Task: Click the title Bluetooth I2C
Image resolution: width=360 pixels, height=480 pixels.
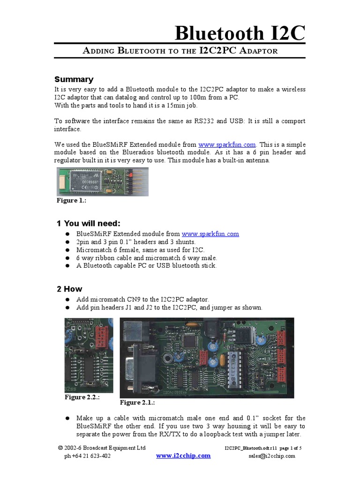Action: click(x=240, y=34)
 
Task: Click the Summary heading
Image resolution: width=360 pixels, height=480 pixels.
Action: click(x=74, y=79)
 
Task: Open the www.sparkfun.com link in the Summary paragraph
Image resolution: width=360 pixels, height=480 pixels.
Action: click(x=227, y=144)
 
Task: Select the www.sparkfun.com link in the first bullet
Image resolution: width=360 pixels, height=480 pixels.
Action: click(x=210, y=233)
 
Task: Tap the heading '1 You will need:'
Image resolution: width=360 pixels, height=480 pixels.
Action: click(x=88, y=223)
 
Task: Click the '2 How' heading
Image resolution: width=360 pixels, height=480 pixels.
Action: click(x=69, y=289)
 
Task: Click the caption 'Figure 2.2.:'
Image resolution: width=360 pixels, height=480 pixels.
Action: click(x=83, y=397)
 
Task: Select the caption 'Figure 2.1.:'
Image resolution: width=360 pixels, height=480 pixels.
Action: click(x=137, y=403)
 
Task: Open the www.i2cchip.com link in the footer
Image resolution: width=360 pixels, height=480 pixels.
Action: click(x=183, y=456)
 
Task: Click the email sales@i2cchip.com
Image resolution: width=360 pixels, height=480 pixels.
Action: click(x=272, y=456)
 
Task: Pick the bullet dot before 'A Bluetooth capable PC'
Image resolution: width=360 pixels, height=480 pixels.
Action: click(x=67, y=266)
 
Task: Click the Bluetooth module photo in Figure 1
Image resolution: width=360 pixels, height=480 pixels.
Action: click(x=102, y=182)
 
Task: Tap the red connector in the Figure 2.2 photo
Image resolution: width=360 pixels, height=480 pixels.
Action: click(x=101, y=336)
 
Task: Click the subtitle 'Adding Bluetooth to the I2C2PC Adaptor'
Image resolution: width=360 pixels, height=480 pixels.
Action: click(x=180, y=51)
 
